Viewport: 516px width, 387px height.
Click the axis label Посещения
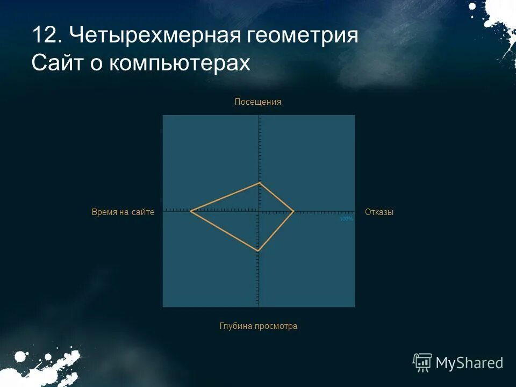coord(258,102)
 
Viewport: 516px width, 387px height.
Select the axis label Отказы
coord(379,212)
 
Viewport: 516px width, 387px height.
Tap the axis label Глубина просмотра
coord(258,326)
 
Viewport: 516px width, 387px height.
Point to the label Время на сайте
coord(123,212)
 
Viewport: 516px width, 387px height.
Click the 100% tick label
coord(346,219)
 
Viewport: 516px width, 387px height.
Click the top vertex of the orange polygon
coord(259,183)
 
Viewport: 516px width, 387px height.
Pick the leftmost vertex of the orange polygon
coord(190,211)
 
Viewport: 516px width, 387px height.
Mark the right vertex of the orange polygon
coord(293,211)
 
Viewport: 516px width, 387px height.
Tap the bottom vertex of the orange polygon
coord(258,251)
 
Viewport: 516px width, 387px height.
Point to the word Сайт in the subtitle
coord(57,63)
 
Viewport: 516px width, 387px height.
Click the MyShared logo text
coord(469,363)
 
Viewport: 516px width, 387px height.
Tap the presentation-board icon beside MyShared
coord(422,362)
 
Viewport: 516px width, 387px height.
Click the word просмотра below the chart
coord(277,326)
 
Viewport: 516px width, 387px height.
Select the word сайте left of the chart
coord(143,212)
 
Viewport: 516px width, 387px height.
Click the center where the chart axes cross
coord(259,211)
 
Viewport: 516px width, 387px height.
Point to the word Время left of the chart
coord(104,212)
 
